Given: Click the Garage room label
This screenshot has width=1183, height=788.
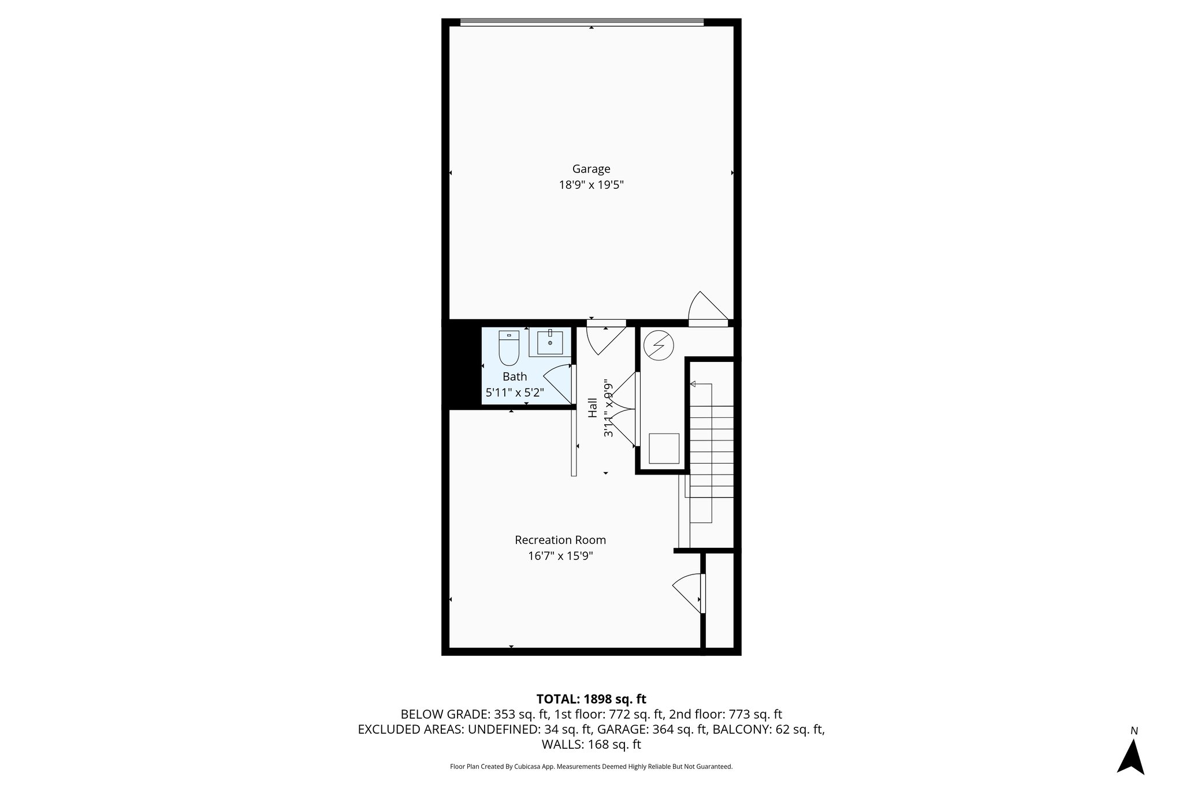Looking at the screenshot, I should pos(591,169).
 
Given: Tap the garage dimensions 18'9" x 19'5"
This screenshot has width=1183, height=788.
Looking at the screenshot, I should pos(591,185).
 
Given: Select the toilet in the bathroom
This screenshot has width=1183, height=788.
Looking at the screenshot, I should pos(509,348).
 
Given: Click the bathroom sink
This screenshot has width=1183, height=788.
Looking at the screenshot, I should pos(550,342).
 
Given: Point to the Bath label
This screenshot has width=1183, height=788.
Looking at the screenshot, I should pos(514,377).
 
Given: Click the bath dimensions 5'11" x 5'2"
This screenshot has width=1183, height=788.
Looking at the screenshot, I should pos(514,393).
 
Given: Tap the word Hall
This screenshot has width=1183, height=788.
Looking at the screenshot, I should pos(593,408).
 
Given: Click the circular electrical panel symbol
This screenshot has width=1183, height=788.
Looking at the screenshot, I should pos(658,346).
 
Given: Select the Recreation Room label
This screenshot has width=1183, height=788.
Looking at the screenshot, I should pos(560,540).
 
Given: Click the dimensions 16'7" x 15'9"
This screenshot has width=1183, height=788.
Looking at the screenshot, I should pos(560,557).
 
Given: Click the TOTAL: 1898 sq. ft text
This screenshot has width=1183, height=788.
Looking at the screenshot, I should pos(591,699).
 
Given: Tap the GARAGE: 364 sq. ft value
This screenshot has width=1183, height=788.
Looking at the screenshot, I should pos(652,730).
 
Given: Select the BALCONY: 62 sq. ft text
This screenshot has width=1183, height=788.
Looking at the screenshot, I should pos(768,730).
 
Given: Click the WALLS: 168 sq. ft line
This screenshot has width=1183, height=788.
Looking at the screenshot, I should pos(591,745).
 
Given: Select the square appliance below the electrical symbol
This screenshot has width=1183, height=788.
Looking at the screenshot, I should pos(664,448).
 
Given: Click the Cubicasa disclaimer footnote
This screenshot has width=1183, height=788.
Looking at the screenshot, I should pos(591,767).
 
